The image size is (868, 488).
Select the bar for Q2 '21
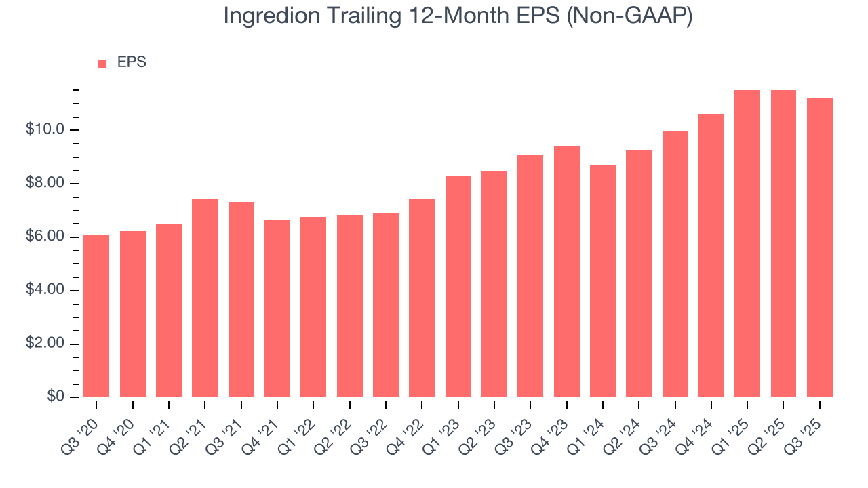click(x=205, y=298)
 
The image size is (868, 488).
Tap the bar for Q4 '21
click(x=277, y=308)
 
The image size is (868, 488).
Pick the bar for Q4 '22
click(x=422, y=298)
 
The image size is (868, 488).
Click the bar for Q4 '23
click(x=566, y=271)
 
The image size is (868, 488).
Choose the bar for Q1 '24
click(x=603, y=281)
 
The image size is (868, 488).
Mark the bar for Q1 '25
click(x=747, y=243)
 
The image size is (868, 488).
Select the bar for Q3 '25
click(x=820, y=247)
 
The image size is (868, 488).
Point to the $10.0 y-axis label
click(x=45, y=129)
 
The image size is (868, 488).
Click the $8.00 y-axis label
click(x=45, y=184)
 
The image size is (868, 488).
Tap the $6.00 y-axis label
click(x=45, y=237)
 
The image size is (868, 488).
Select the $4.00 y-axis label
click(x=45, y=290)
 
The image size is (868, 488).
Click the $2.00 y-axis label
click(x=45, y=344)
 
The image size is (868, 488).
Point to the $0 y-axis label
click(x=56, y=397)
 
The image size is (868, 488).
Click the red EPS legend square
click(x=102, y=63)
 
